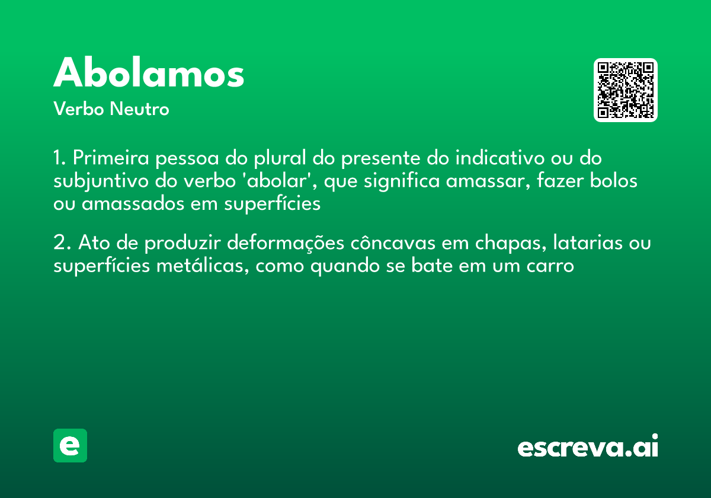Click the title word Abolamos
point(149,74)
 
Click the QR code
point(626,90)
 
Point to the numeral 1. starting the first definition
point(60,159)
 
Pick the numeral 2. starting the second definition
point(62,243)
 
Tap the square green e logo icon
point(70,445)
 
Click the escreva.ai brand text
point(588,446)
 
